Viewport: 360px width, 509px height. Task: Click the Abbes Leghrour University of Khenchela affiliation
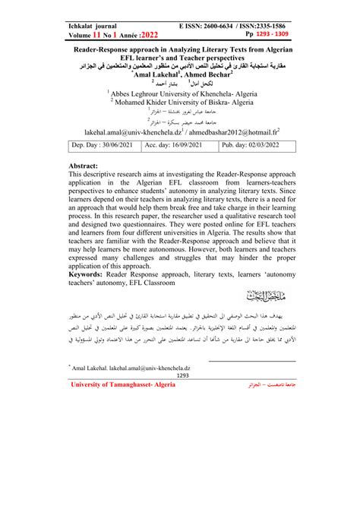182,95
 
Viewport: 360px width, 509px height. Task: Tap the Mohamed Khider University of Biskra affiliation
182,105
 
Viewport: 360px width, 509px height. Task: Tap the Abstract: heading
88,165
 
